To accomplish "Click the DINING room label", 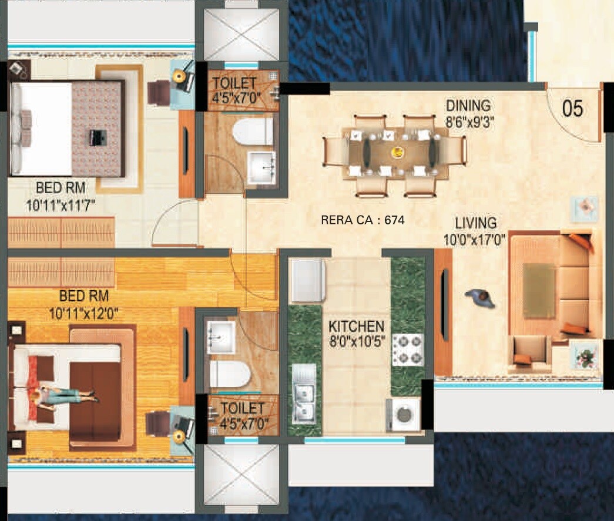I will (468, 106).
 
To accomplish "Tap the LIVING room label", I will (476, 223).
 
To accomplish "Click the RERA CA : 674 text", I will (363, 220).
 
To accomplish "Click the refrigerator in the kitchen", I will (308, 281).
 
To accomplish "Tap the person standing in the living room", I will (481, 298).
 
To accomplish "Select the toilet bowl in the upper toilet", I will (253, 131).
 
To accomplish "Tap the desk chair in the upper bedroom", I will (159, 92).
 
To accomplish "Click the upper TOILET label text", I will (234, 83).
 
